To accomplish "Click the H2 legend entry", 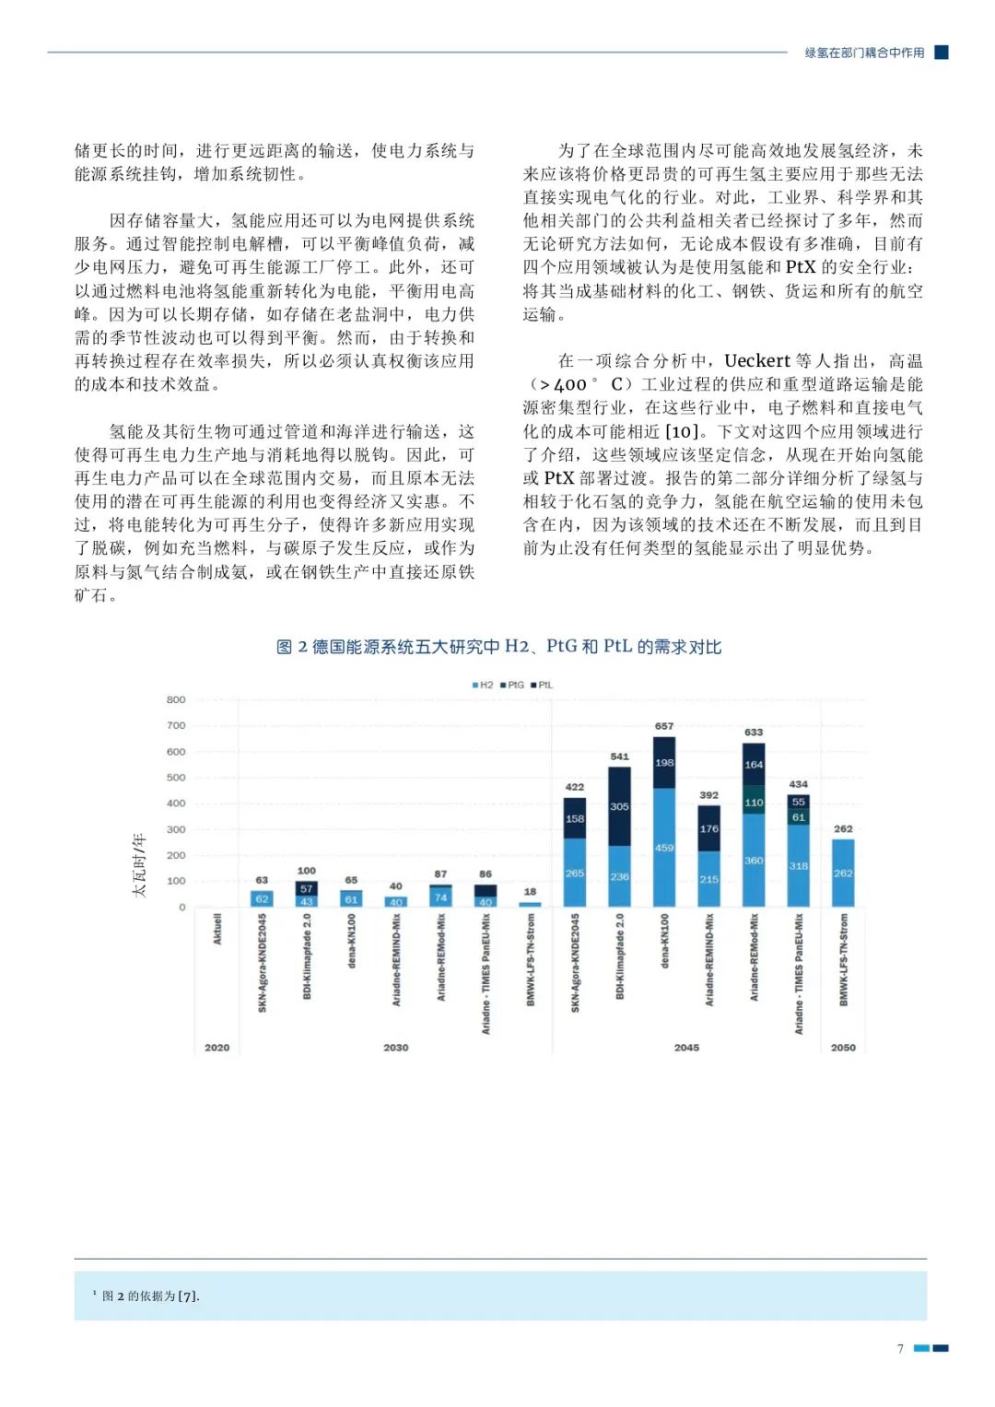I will (483, 685).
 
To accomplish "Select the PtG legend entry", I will (512, 685).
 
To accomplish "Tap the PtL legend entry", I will (542, 685).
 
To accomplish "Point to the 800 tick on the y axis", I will (176, 700).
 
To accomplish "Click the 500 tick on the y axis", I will (176, 778).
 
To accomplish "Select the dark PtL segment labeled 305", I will (620, 806).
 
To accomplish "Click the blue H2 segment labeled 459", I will (664, 848).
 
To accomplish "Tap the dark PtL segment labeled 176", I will (708, 828).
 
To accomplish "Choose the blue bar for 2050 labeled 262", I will (843, 873).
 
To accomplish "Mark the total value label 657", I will (664, 726).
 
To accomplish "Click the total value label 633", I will (754, 733).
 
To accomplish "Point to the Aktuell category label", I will (217, 929).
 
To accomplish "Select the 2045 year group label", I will (686, 1048).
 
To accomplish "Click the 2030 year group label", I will (396, 1048).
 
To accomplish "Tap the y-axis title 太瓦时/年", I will (139, 864).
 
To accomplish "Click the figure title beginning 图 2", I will (498, 647).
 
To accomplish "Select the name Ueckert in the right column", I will (757, 361).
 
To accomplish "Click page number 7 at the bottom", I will (900, 1349).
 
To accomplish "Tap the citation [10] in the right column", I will (682, 432).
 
